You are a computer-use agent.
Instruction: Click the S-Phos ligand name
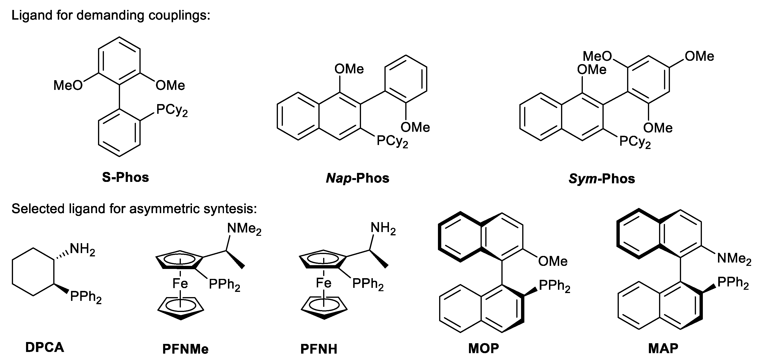125,177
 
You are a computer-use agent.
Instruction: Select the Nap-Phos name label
357,178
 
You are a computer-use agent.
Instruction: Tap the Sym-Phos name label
602,179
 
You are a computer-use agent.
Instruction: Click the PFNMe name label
185,349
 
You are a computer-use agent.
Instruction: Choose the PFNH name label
319,349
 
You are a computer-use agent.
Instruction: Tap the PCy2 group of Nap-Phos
392,141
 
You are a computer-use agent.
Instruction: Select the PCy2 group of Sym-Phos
635,142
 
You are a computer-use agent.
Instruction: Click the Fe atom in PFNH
323,283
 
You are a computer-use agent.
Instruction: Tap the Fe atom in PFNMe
180,284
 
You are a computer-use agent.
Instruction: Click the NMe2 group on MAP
734,259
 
